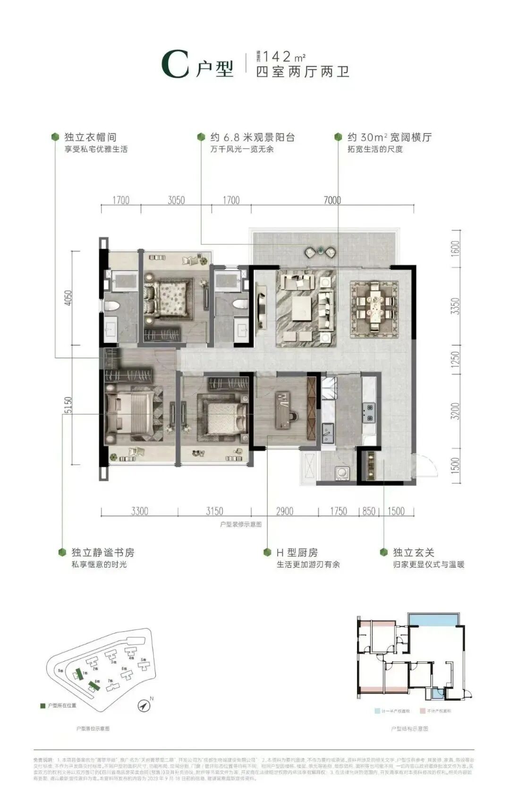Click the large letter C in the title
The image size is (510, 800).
pyautogui.click(x=175, y=65)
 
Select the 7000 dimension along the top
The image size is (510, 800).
pyautogui.click(x=332, y=200)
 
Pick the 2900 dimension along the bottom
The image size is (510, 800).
pyautogui.click(x=284, y=511)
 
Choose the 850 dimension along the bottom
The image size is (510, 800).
pyautogui.click(x=368, y=511)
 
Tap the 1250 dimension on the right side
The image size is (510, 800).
pyautogui.click(x=455, y=361)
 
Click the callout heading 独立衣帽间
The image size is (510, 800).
pyautogui.click(x=90, y=137)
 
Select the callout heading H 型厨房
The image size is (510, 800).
pyautogui.click(x=297, y=553)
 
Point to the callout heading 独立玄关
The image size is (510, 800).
pyautogui.click(x=414, y=553)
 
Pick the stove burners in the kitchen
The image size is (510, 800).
pyautogui.click(x=368, y=412)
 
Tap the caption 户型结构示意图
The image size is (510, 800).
pyautogui.click(x=409, y=729)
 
